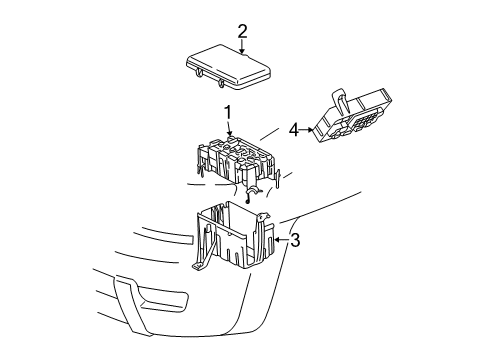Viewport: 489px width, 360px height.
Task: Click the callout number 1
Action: point(228,113)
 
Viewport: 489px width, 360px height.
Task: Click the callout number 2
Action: point(242,32)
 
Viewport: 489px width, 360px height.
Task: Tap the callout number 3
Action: point(294,240)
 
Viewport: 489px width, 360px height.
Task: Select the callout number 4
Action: point(293,128)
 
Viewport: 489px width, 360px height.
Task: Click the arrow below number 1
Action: point(228,128)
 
